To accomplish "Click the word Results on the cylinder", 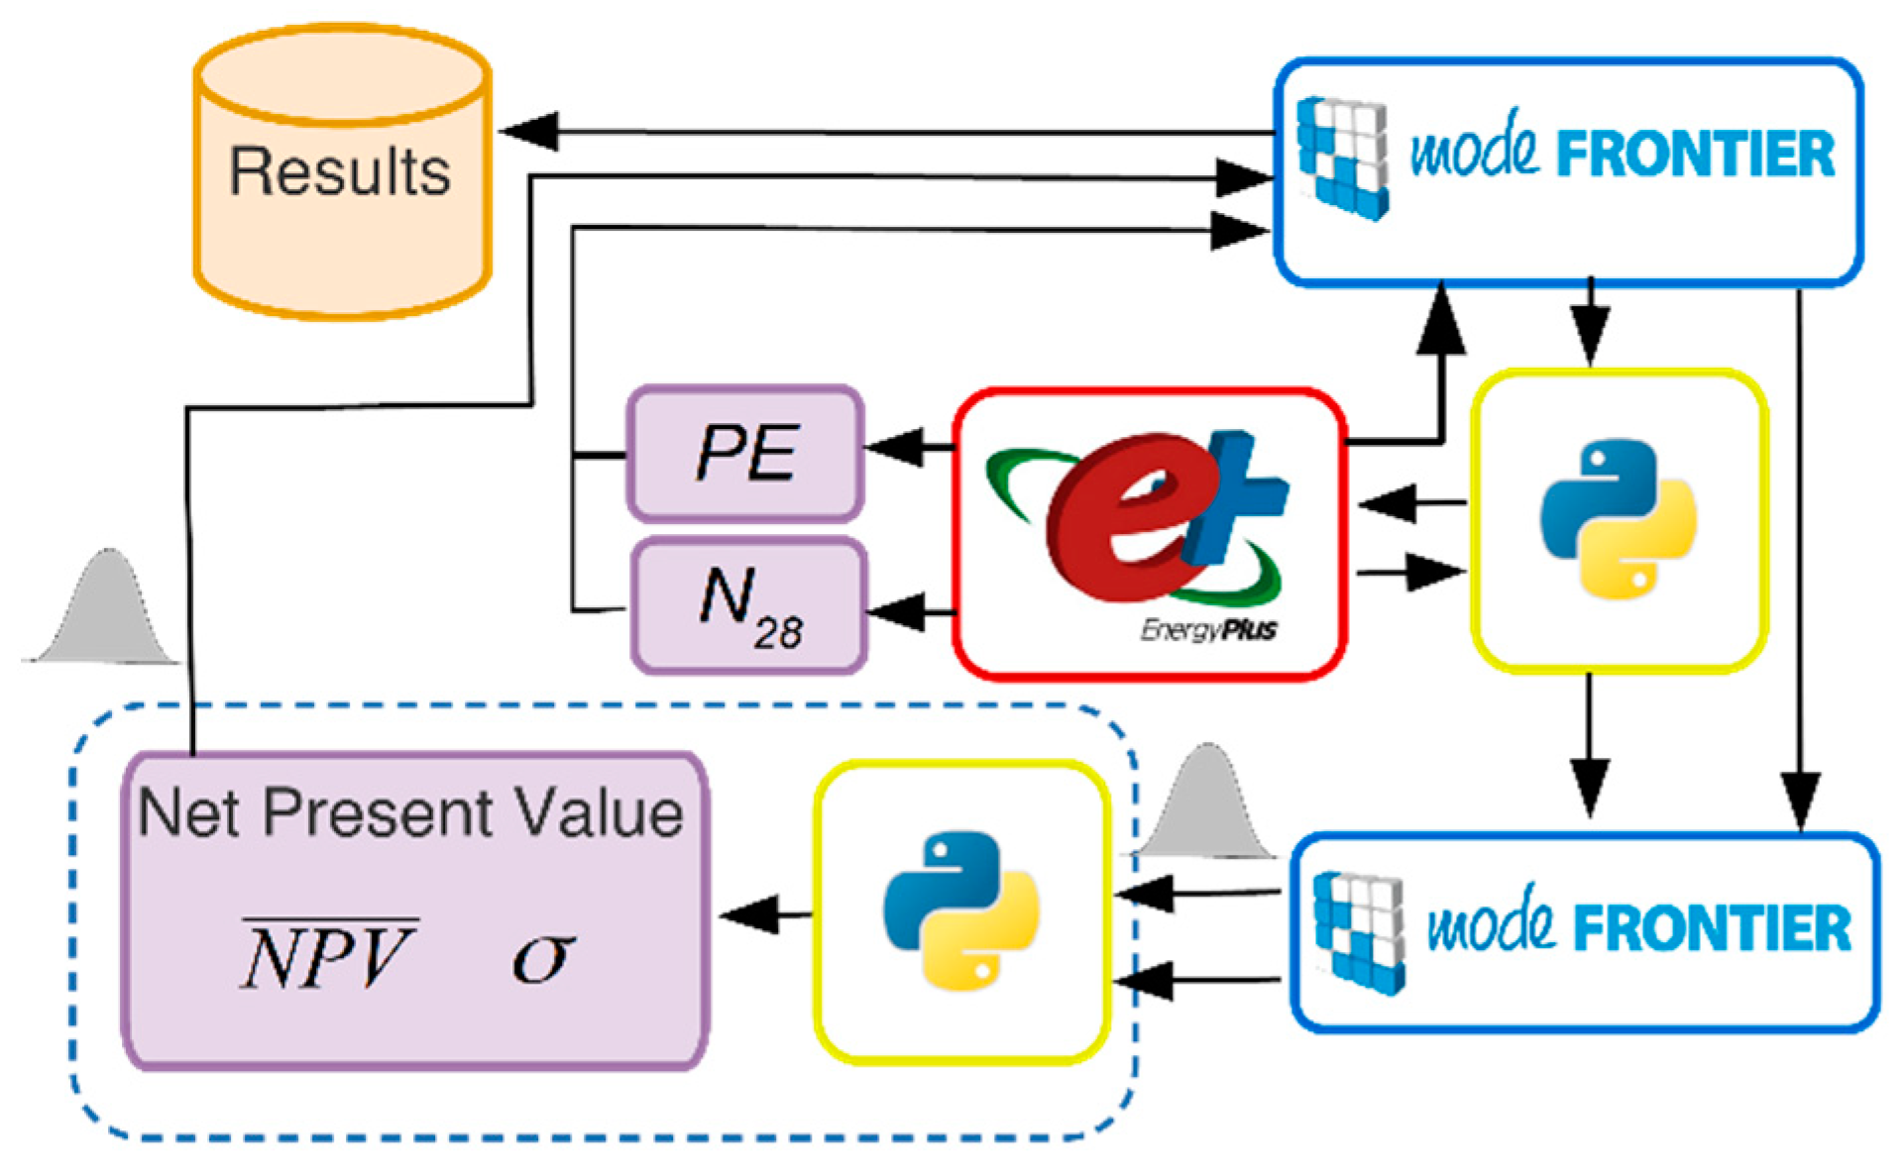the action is pos(340,171).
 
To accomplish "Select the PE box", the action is pos(745,454).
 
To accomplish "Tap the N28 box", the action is pos(749,605).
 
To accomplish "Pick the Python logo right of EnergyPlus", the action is pos(1618,519).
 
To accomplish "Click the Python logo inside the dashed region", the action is pos(961,910).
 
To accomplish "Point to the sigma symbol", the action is pos(542,957).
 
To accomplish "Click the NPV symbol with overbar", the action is pos(328,954).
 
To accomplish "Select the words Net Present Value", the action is pos(410,814).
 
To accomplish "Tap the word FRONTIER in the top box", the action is pos(1696,155).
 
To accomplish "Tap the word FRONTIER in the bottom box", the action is pos(1712,927).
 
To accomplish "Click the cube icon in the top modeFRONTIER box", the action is pos(1343,158).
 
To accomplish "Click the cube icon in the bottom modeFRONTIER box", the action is pos(1359,932).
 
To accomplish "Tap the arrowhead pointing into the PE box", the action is pos(895,447).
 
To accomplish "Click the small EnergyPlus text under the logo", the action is pos(1208,629).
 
